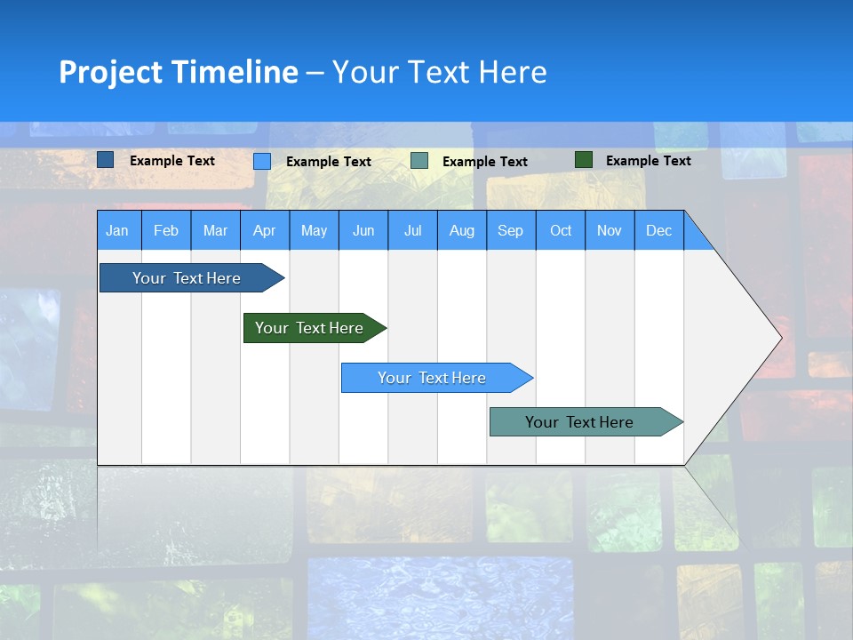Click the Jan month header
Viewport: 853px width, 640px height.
point(118,230)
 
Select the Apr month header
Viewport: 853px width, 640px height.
point(265,230)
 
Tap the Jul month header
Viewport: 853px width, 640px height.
point(412,230)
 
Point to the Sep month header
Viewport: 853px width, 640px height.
point(511,230)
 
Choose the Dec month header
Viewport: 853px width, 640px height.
point(658,230)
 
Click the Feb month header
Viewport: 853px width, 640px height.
point(166,230)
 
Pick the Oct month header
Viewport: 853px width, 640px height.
point(561,230)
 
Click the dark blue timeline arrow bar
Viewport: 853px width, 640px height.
point(187,278)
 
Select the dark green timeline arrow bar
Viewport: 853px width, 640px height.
point(309,328)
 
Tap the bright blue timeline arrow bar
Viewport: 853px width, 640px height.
point(432,378)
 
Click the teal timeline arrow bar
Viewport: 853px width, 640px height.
point(579,422)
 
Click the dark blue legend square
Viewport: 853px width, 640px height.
point(105,160)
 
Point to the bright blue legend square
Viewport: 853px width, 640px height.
point(262,161)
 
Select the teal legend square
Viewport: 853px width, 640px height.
point(419,161)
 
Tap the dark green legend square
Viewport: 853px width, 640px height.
point(584,160)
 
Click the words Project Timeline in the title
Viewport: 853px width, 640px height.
point(178,72)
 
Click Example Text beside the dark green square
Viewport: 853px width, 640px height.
point(648,161)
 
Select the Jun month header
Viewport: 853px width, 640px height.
point(363,230)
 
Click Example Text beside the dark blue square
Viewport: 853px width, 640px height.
point(172,161)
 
